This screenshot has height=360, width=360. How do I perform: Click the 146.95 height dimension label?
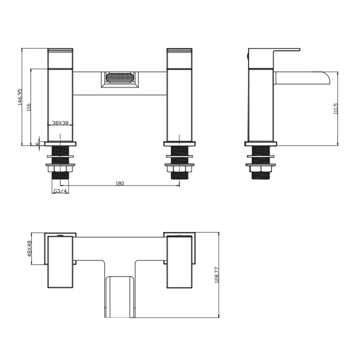point(20,97)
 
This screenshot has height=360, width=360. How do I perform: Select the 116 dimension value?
point(29,107)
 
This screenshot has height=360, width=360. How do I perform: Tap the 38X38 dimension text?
point(60,123)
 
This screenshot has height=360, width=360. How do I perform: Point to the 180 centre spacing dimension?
point(120,184)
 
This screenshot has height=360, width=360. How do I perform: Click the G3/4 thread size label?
point(60,191)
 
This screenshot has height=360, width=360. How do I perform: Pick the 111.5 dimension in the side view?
point(336,108)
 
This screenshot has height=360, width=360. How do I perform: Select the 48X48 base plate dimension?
point(29,248)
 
